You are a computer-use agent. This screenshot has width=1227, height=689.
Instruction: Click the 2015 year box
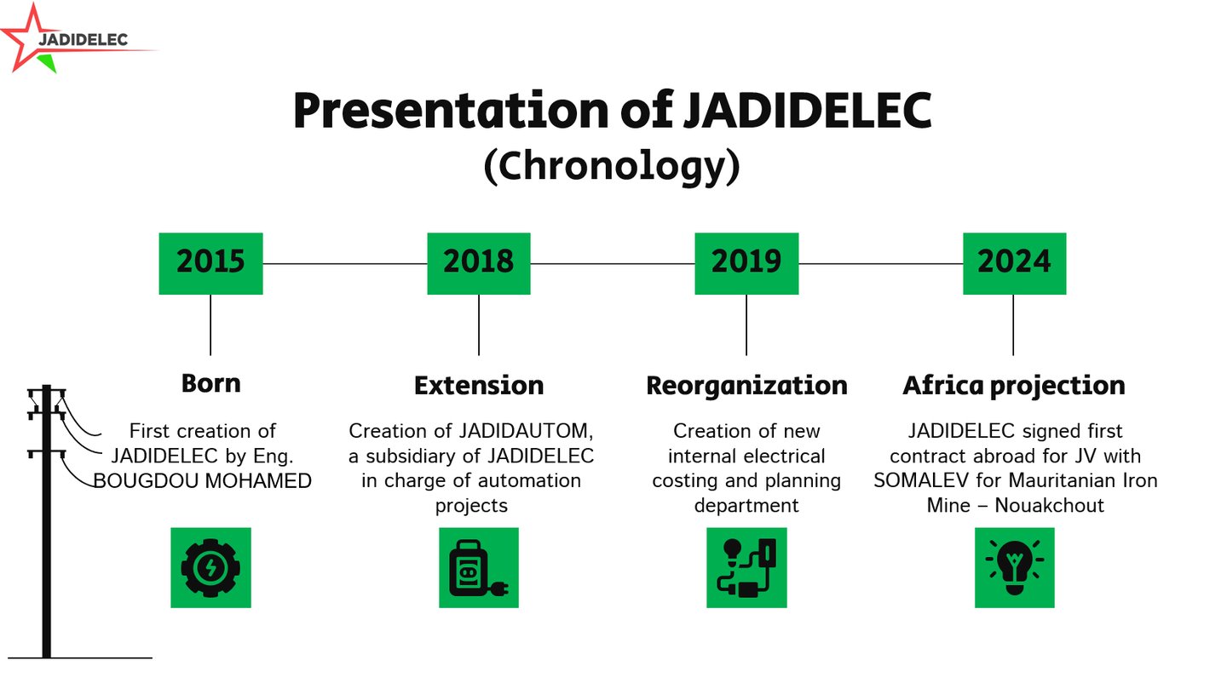tap(211, 264)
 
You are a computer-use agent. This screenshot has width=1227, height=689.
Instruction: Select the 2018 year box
tap(479, 264)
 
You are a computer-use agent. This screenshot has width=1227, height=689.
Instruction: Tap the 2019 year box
tap(746, 264)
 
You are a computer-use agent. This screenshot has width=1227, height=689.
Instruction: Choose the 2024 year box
tap(1015, 264)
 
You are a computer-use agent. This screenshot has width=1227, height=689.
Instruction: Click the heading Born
tap(211, 383)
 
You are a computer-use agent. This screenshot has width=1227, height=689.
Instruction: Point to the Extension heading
tap(479, 386)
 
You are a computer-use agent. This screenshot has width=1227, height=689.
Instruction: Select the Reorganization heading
tap(746, 387)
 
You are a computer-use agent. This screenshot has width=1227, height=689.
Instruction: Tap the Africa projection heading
tap(1014, 387)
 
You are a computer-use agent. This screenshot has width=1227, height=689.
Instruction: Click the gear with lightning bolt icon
tap(211, 568)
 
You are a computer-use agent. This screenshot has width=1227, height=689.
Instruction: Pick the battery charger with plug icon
tap(479, 568)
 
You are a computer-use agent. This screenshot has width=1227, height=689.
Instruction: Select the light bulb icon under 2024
tap(1015, 568)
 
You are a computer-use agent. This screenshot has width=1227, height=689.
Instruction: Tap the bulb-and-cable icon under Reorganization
tap(746, 568)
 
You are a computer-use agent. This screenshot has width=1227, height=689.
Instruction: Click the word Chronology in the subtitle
tap(612, 166)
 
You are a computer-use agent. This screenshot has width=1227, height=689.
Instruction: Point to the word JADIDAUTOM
tap(524, 431)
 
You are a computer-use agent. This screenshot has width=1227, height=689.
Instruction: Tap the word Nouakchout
tap(1050, 505)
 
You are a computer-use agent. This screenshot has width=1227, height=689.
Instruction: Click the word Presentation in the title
tap(451, 111)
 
